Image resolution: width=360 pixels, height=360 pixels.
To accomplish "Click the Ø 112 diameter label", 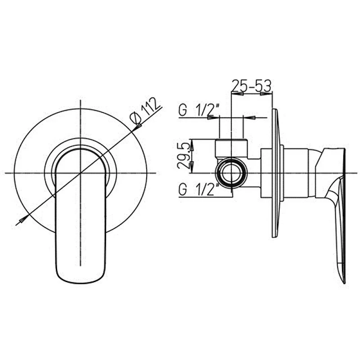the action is (x=145, y=111).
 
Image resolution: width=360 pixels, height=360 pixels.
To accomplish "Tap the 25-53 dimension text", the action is (x=252, y=85).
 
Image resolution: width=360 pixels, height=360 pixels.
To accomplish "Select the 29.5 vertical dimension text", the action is (x=184, y=156).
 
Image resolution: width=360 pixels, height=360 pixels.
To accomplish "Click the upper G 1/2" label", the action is (x=199, y=110).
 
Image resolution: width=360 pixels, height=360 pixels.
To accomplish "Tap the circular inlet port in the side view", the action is (x=231, y=173).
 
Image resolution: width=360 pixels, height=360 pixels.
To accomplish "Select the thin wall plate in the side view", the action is (x=275, y=173).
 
